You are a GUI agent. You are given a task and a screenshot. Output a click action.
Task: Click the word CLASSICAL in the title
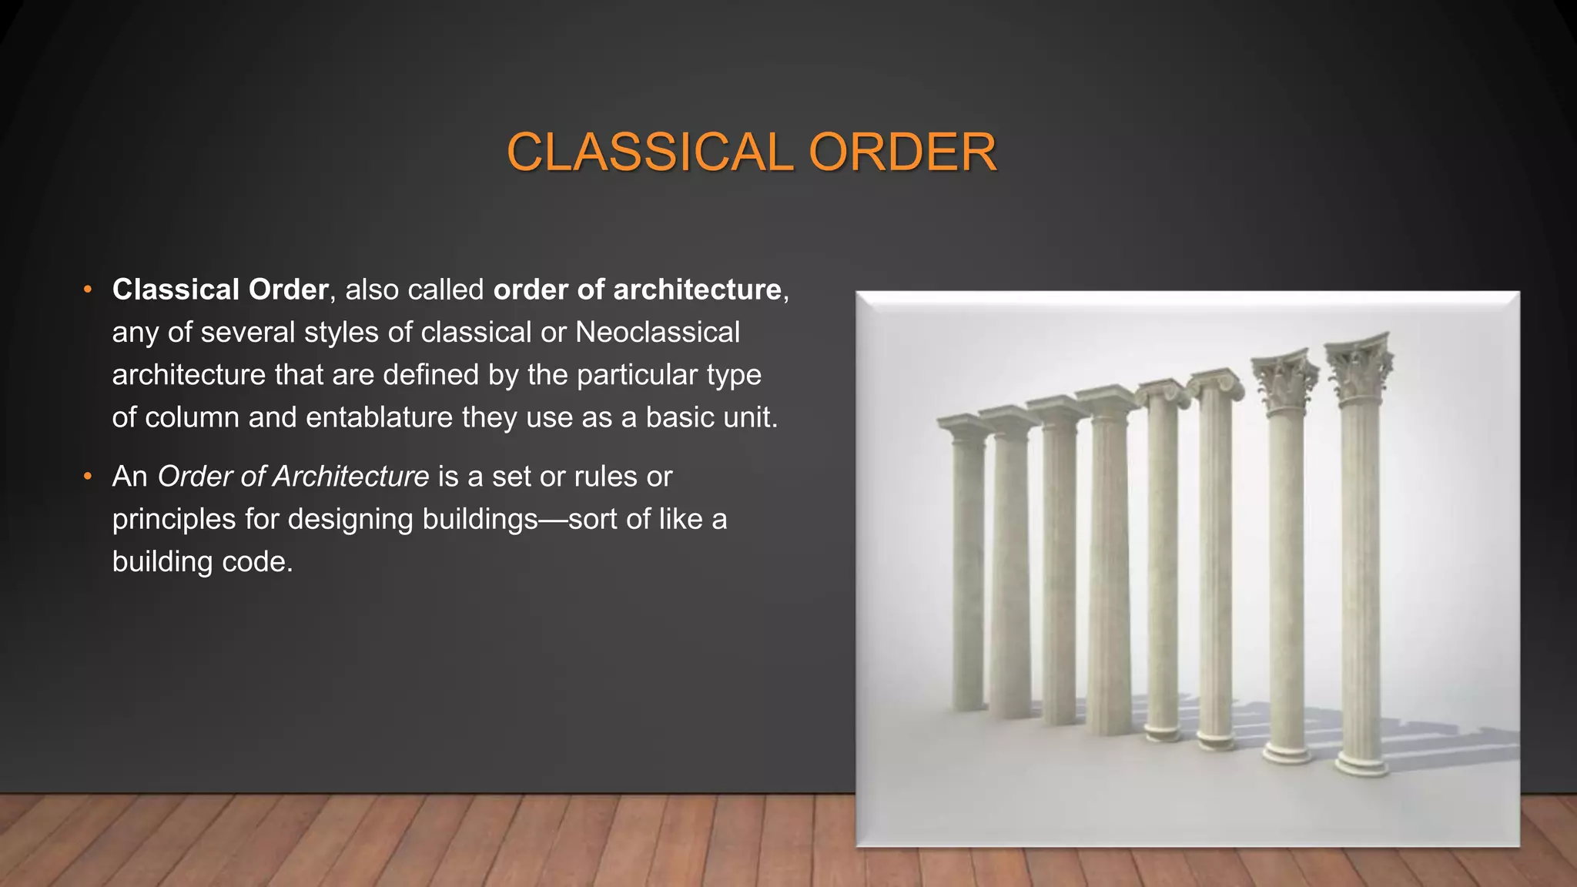click(x=649, y=152)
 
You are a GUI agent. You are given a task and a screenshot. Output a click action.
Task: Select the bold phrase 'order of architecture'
click(x=638, y=290)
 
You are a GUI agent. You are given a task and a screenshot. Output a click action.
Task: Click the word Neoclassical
click(x=657, y=332)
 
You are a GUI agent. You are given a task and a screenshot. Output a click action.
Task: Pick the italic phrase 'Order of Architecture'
click(x=293, y=477)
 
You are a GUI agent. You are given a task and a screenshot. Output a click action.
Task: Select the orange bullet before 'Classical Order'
click(x=88, y=290)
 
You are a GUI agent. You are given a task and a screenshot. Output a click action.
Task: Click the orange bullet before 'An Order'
click(x=88, y=477)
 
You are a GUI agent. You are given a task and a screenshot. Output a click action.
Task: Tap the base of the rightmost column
click(x=1361, y=762)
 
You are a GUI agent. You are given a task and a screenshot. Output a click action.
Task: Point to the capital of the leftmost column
click(x=963, y=428)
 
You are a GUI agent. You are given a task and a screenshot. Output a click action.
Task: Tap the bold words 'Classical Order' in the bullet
click(x=220, y=290)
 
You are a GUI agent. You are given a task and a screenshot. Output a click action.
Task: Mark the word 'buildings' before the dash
click(x=480, y=519)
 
